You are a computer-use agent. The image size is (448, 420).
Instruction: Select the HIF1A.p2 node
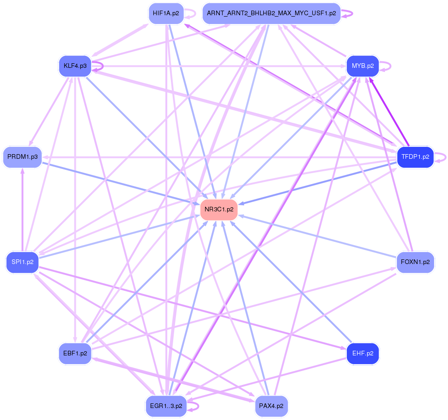pyautogui.click(x=166, y=13)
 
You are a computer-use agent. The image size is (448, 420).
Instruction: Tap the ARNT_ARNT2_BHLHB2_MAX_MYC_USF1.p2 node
pyautogui.click(x=272, y=13)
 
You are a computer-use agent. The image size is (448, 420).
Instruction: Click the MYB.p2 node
pyautogui.click(x=363, y=66)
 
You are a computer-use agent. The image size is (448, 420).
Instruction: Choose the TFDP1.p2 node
pyautogui.click(x=415, y=157)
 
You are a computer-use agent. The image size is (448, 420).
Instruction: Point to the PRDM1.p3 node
pyautogui.click(x=22, y=157)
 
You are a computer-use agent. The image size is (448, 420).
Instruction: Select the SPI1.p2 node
pyautogui.click(x=22, y=262)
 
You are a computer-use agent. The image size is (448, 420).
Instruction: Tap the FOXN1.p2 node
pyautogui.click(x=415, y=262)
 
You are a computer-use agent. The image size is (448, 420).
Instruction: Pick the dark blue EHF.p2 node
pyautogui.click(x=363, y=354)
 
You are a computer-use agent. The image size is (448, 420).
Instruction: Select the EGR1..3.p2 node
pyautogui.click(x=166, y=406)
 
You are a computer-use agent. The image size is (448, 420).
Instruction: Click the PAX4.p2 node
pyautogui.click(x=272, y=406)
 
